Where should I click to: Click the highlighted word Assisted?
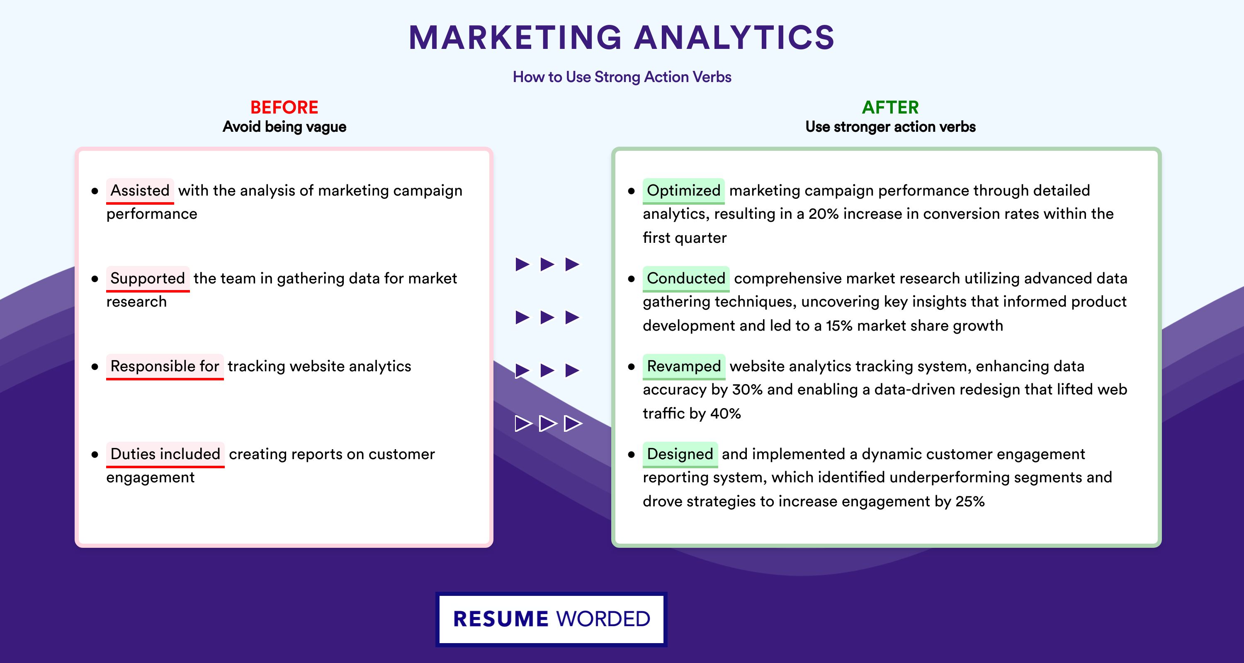[x=140, y=191]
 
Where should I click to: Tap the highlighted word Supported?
[x=148, y=278]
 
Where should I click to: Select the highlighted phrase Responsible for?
[x=165, y=366]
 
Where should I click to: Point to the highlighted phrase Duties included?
[x=165, y=454]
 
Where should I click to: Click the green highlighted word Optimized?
[x=683, y=191]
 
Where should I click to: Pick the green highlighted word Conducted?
[x=686, y=278]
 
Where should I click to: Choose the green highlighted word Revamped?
[x=684, y=366]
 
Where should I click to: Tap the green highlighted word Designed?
[x=680, y=454]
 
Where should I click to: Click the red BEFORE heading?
[x=284, y=107]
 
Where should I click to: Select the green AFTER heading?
[x=891, y=107]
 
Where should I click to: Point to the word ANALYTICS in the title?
[x=734, y=38]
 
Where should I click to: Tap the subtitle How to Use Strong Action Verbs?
[x=622, y=77]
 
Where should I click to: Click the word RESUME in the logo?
[x=501, y=619]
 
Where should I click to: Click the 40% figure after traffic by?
[x=725, y=414]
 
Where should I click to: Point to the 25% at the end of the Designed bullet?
[x=970, y=501]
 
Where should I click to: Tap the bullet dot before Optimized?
[x=631, y=191]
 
